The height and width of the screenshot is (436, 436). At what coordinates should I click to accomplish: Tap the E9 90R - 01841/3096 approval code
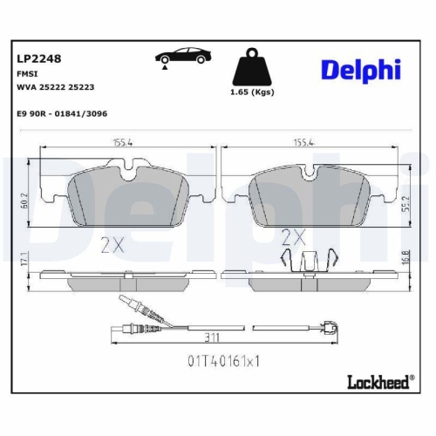(x=62, y=113)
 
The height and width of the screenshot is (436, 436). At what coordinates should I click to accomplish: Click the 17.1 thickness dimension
(x=25, y=259)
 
